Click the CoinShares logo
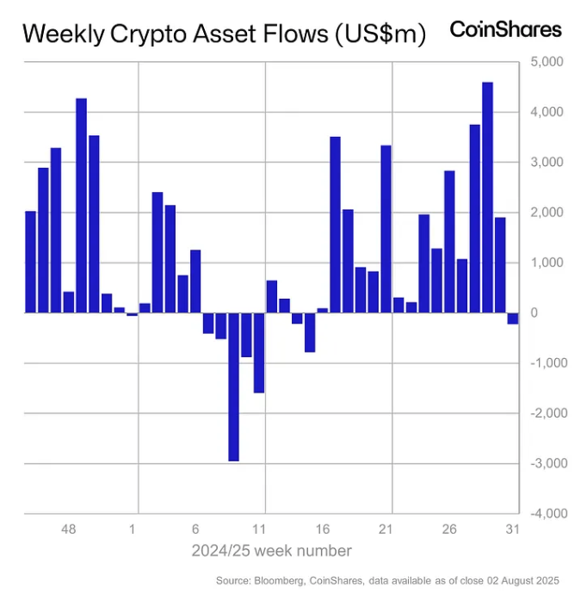pos(505,30)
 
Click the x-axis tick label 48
pos(69,529)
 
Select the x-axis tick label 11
pos(260,529)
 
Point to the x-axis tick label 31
pos(512,529)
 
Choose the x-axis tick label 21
pos(386,529)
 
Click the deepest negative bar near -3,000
pos(233,386)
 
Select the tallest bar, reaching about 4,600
pos(487,197)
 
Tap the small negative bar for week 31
pos(513,318)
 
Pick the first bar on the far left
pos(30,262)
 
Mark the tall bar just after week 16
pos(336,225)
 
